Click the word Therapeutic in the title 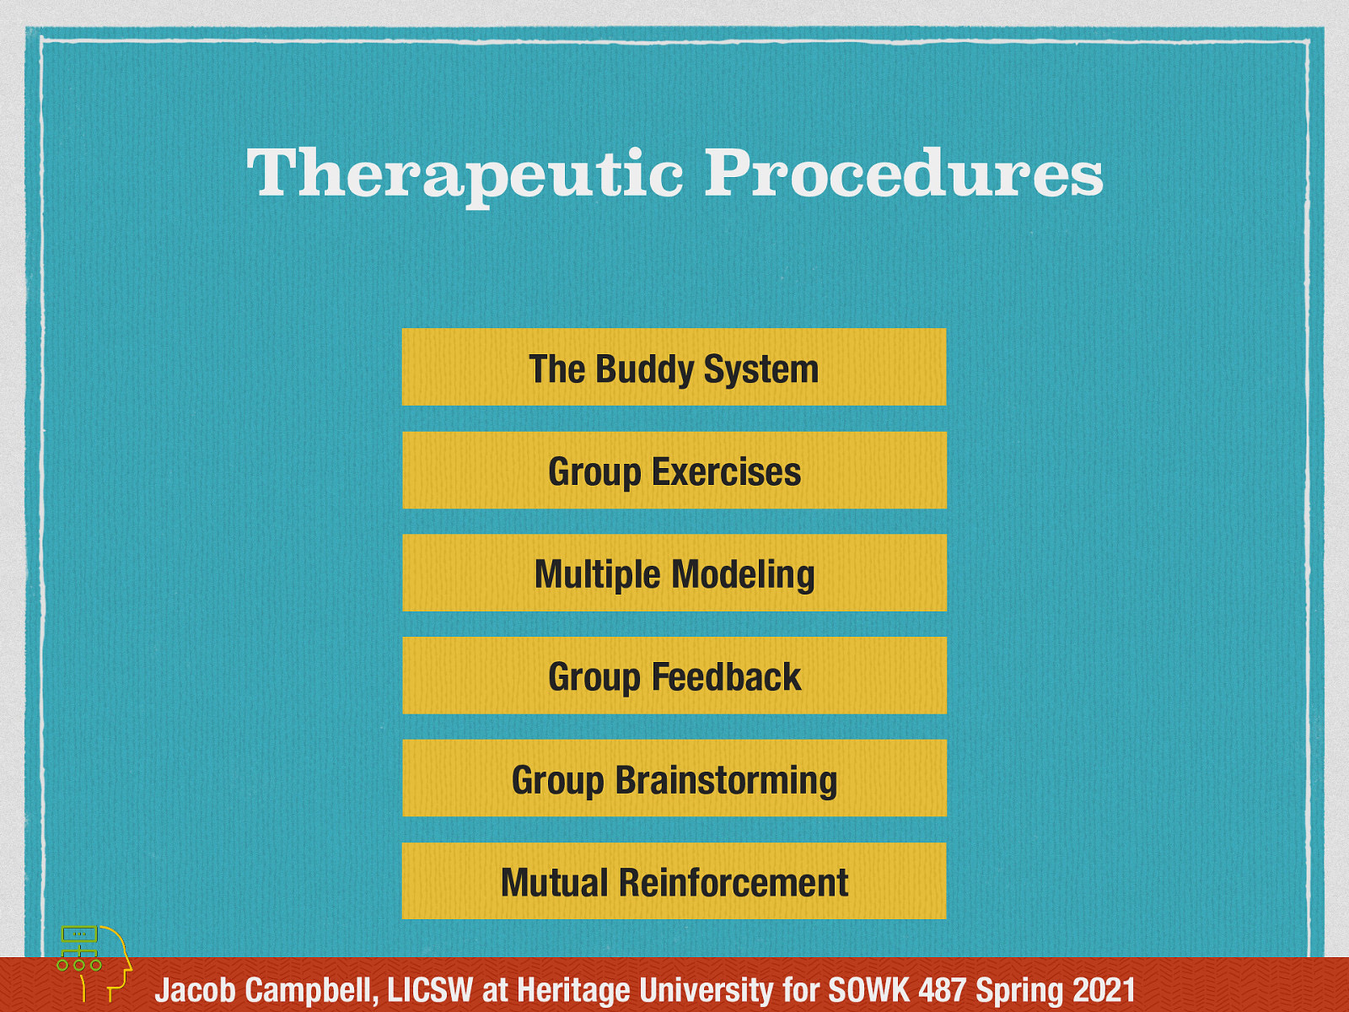click(x=465, y=174)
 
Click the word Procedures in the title click(x=903, y=174)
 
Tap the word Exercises click(x=726, y=471)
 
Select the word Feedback click(x=726, y=677)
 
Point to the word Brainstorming click(x=726, y=780)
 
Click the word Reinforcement click(x=733, y=883)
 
